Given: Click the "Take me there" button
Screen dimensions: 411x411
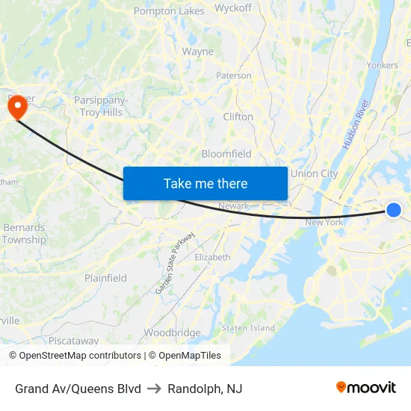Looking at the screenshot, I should coord(205,183).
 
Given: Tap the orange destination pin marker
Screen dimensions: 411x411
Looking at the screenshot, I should coord(16,108).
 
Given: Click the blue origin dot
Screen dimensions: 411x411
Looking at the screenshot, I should coord(394,210).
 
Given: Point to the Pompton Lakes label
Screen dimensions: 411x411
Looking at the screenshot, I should coord(169,11).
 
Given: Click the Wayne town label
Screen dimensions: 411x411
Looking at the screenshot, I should coord(198,52).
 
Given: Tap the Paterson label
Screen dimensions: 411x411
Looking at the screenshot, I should coord(234,75).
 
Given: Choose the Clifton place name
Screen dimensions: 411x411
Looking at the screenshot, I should coord(238,117).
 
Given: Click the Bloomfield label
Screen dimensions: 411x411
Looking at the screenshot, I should coord(226,154).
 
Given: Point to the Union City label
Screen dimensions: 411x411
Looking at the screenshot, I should coord(314,173).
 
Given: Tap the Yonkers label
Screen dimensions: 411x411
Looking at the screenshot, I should coord(383,65).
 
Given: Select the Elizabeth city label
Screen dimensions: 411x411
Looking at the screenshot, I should coord(212,257).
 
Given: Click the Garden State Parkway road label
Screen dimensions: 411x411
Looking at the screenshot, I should coord(175,262).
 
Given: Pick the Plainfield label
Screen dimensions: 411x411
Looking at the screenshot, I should coord(105,278).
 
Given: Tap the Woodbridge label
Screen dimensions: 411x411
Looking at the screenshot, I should coord(172,333).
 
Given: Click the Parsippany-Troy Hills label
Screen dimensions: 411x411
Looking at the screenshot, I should coord(101,106).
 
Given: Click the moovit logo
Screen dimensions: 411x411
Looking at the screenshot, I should coord(366,388).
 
